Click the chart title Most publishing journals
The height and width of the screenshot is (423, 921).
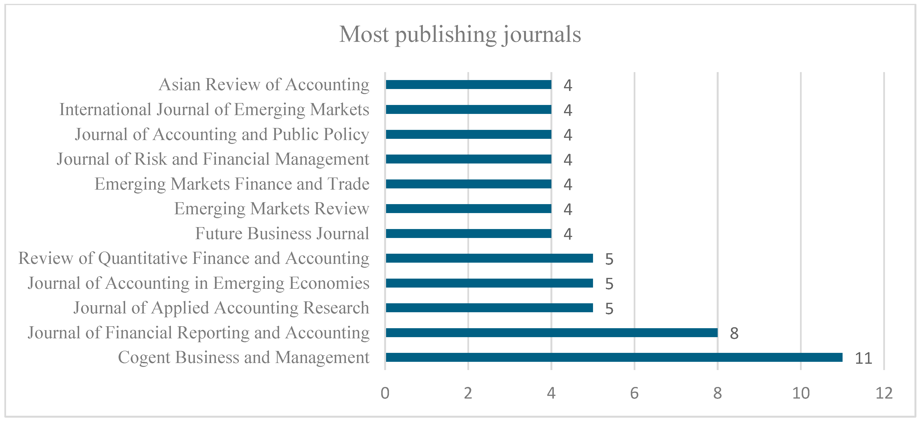(460, 35)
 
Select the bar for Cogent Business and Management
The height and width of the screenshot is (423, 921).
(614, 357)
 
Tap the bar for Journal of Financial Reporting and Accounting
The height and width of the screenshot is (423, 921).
(552, 333)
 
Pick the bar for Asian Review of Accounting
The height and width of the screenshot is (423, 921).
(468, 85)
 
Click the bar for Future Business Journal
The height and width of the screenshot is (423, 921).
(468, 234)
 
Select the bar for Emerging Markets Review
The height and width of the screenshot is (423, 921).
(468, 209)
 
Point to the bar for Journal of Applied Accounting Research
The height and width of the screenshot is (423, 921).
(489, 308)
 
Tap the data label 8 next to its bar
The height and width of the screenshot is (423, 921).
(734, 333)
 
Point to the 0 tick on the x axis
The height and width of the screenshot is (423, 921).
(385, 393)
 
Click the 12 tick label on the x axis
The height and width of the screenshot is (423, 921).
(884, 393)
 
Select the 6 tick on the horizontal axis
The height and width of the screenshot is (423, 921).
(634, 393)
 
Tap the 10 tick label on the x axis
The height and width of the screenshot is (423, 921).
(801, 393)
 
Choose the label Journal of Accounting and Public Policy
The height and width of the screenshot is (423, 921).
(222, 135)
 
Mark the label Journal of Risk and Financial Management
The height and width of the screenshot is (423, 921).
(213, 159)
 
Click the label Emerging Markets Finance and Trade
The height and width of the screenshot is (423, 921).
(232, 184)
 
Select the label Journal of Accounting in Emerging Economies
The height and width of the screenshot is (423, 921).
(198, 283)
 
